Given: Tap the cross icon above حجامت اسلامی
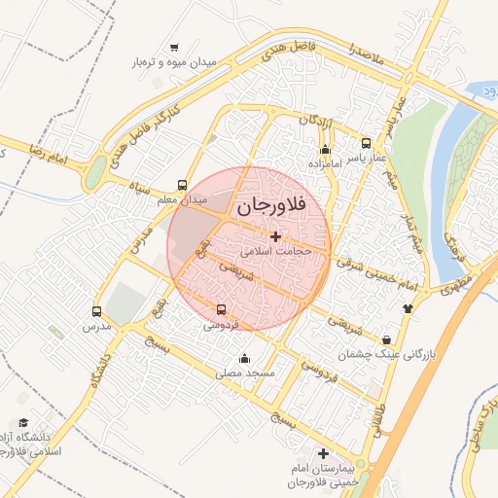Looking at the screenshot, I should [275, 236].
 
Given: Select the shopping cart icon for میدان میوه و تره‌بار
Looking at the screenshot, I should [174, 47].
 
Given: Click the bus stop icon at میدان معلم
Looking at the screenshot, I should [183, 185].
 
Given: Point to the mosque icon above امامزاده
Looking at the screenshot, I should [325, 150].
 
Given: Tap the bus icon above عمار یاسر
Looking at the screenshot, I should [366, 142].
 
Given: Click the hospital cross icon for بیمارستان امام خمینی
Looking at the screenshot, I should [323, 453].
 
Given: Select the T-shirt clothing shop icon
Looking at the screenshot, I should [408, 308].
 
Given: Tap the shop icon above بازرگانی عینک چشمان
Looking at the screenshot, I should [388, 339].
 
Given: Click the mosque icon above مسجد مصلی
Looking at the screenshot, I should [244, 358].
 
